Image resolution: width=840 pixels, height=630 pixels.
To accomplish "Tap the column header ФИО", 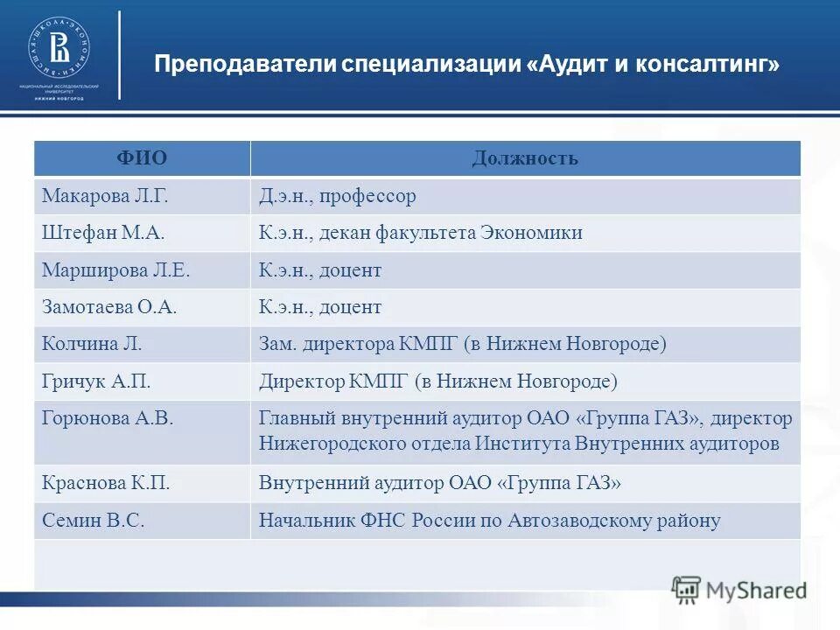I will point(142,158).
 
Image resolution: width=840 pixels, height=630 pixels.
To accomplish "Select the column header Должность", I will point(525,158).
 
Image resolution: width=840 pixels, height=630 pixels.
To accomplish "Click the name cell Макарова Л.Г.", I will point(105,196).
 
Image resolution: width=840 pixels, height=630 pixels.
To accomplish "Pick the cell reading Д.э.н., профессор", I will point(337,196).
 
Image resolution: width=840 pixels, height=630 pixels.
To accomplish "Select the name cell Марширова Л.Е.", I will point(115,270).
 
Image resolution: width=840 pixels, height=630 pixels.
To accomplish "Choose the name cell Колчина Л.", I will point(92,344).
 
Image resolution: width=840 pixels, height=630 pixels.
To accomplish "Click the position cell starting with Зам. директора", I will point(462,344).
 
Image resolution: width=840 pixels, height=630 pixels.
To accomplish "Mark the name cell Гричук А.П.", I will point(97,381).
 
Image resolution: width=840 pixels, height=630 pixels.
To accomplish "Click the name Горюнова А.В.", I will point(108,418).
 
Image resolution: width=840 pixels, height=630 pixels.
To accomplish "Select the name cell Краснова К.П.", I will point(106,483).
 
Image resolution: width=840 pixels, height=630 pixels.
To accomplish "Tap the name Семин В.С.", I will point(93,521).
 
